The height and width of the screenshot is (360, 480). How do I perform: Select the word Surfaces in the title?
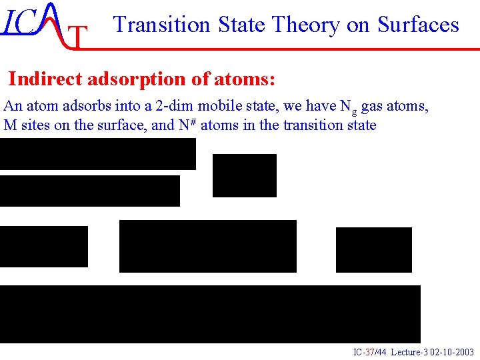click(x=418, y=25)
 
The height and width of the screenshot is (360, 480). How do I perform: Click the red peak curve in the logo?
click(x=53, y=23)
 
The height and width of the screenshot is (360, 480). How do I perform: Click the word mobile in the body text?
click(x=219, y=105)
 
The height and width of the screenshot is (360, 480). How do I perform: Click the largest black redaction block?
click(x=210, y=314)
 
